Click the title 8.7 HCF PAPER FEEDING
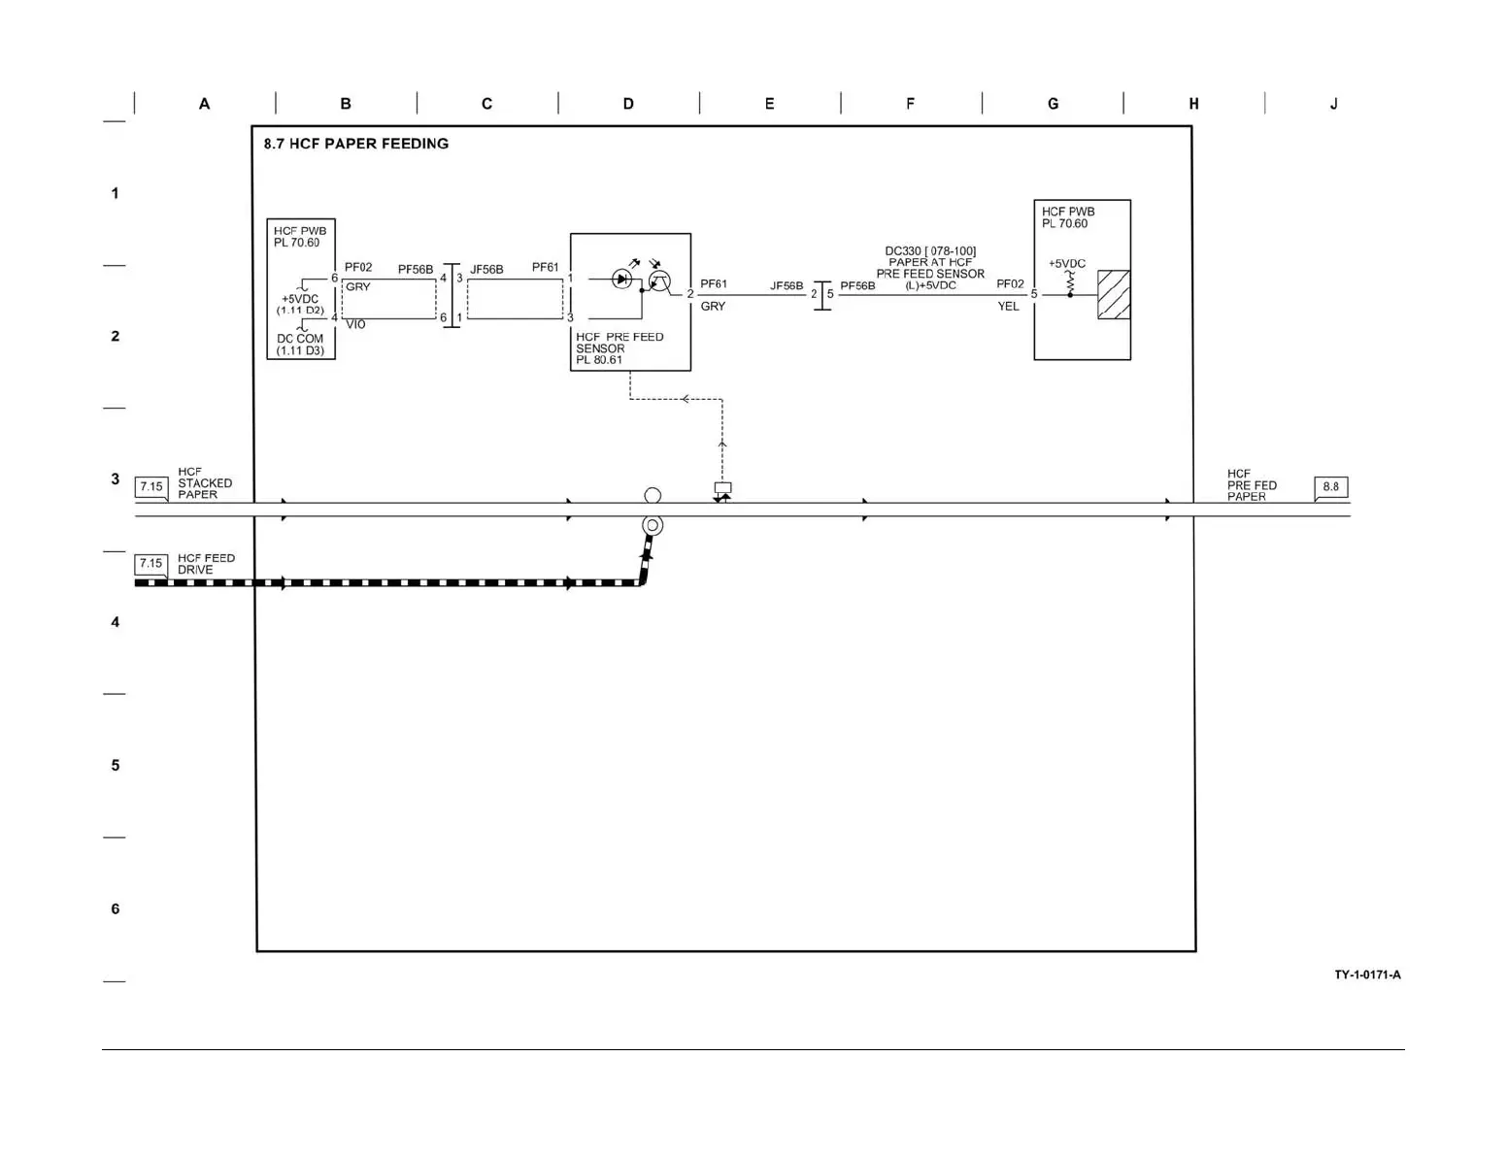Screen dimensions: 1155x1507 [355, 144]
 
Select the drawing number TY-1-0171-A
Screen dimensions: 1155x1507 [1367, 974]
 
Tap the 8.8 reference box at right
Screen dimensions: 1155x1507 [1330, 487]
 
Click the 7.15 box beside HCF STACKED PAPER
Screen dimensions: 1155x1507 [151, 487]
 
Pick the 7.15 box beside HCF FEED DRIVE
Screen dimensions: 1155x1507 [151, 564]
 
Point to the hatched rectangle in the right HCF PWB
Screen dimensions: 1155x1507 [1114, 294]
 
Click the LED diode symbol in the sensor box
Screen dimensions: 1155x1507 [621, 280]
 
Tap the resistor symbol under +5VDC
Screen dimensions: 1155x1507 [1070, 282]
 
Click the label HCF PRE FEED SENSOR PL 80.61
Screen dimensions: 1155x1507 [619, 348]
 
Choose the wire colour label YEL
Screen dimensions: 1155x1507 [1008, 307]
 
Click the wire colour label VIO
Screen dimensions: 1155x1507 [355, 325]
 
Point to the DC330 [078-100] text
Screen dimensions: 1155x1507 [930, 251]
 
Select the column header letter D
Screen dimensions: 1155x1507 [628, 104]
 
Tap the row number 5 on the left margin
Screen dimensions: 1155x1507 [115, 766]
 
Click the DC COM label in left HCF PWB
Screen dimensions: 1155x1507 [300, 340]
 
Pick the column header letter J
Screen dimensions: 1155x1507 [1333, 104]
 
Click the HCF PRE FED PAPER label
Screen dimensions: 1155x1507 [1251, 485]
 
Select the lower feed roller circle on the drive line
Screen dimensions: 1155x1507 [653, 526]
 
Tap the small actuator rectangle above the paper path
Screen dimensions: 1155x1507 [722, 488]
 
